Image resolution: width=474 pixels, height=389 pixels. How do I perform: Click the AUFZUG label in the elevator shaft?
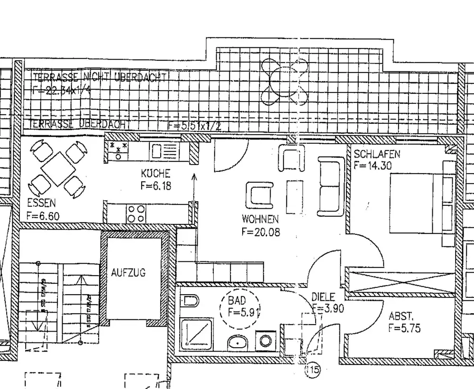coord(128,273)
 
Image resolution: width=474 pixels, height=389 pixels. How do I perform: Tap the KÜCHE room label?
coord(155,174)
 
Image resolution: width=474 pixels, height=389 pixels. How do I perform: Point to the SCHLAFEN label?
coord(377,154)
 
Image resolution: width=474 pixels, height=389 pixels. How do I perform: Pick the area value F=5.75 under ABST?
coord(404,328)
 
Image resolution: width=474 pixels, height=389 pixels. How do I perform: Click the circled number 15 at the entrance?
coord(312,370)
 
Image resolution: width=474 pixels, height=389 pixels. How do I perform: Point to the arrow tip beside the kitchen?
coord(194,176)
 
